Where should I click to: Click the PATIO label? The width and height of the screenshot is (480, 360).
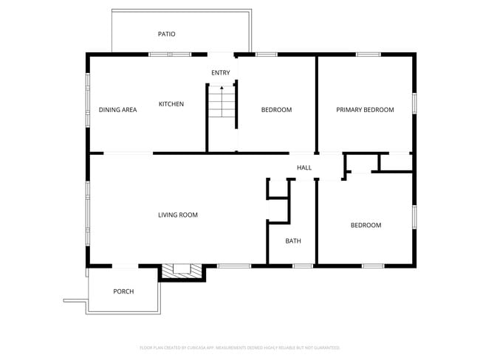pyautogui.click(x=166, y=34)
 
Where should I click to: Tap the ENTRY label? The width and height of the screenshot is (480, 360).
pyautogui.click(x=221, y=72)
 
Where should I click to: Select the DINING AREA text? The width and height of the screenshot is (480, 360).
pyautogui.click(x=118, y=110)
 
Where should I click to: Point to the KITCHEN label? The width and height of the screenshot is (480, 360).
pyautogui.click(x=171, y=104)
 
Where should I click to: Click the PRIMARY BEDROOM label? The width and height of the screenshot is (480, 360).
pyautogui.click(x=365, y=110)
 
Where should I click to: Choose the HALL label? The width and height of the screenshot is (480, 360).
pyautogui.click(x=304, y=167)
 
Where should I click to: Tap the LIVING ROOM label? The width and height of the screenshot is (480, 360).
pyautogui.click(x=178, y=215)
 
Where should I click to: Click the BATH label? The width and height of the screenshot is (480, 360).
pyautogui.click(x=293, y=240)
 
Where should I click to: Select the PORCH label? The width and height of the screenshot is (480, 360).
pyautogui.click(x=123, y=291)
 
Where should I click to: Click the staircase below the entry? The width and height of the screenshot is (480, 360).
pyautogui.click(x=220, y=103)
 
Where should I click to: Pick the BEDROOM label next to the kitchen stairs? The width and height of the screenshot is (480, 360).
pyautogui.click(x=276, y=110)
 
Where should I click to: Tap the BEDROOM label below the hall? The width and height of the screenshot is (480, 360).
pyautogui.click(x=366, y=225)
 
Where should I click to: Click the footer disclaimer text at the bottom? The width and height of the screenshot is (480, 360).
pyautogui.click(x=240, y=347)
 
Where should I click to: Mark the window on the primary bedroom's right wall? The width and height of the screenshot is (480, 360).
pyautogui.click(x=414, y=103)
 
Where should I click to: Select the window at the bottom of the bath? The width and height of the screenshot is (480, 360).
pyautogui.click(x=303, y=266)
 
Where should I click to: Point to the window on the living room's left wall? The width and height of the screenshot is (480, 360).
pyautogui.click(x=88, y=214)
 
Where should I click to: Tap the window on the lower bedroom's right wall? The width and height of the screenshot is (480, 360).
pyautogui.click(x=414, y=217)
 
